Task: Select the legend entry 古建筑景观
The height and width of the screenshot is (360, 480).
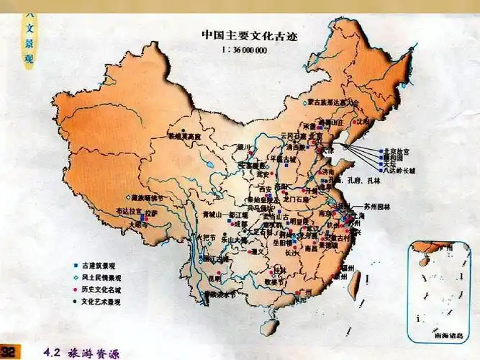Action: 100,265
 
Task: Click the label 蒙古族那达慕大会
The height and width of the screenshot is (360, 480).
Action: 332,103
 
